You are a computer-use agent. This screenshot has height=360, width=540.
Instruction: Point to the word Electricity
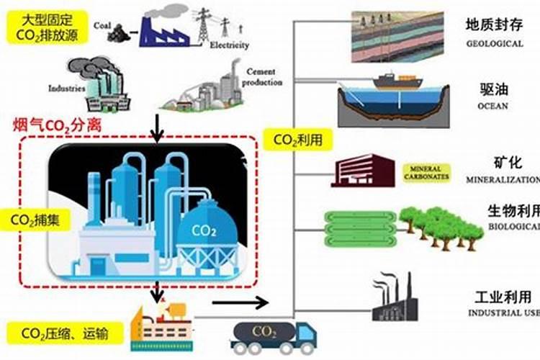229,45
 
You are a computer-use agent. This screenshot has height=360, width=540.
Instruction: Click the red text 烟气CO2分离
57,125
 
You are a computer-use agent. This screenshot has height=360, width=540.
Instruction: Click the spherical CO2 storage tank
207,229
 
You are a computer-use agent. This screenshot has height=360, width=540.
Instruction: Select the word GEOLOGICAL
493,44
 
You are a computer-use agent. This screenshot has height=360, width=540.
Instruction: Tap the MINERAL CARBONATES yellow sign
427,172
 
